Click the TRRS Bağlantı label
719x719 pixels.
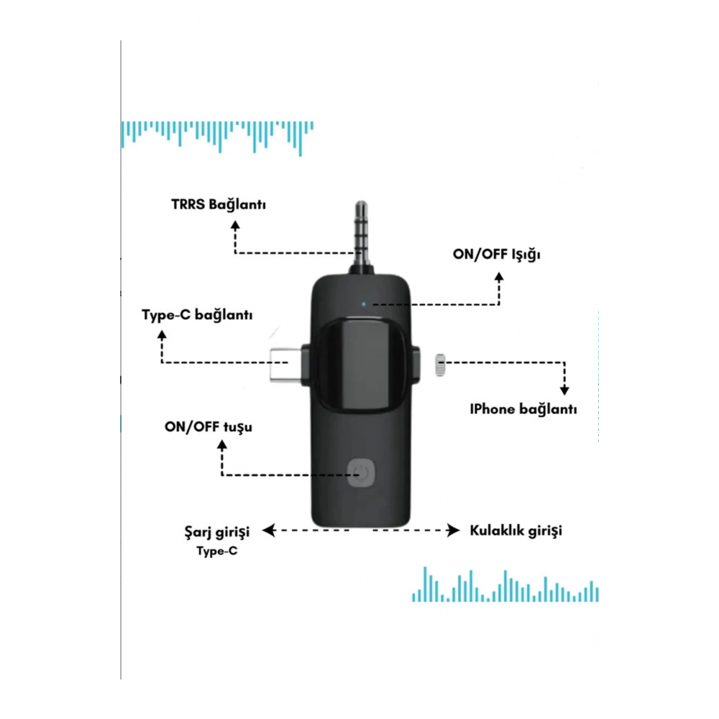tap(219, 204)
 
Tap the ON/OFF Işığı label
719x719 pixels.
tap(497, 255)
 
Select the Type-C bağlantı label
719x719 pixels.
tap(197, 315)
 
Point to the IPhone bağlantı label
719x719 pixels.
tap(523, 409)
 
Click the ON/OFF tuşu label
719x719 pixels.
tap(209, 427)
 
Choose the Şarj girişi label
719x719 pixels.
tap(217, 532)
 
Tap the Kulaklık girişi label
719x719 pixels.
tap(516, 531)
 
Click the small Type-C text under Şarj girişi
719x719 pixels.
tap(217, 551)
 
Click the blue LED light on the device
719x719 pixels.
tap(364, 303)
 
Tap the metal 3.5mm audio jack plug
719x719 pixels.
tap(362, 236)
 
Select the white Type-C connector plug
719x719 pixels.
tap(285, 365)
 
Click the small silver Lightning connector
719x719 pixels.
tap(440, 365)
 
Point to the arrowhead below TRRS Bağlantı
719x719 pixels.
tap(235, 225)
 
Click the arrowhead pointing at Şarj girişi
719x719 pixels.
tap(268, 531)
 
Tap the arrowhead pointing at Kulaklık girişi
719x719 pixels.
tap(454, 531)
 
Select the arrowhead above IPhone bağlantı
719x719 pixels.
tap(564, 390)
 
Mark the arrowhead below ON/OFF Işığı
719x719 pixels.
tap(499, 277)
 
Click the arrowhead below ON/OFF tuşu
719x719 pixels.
tap(222, 444)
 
